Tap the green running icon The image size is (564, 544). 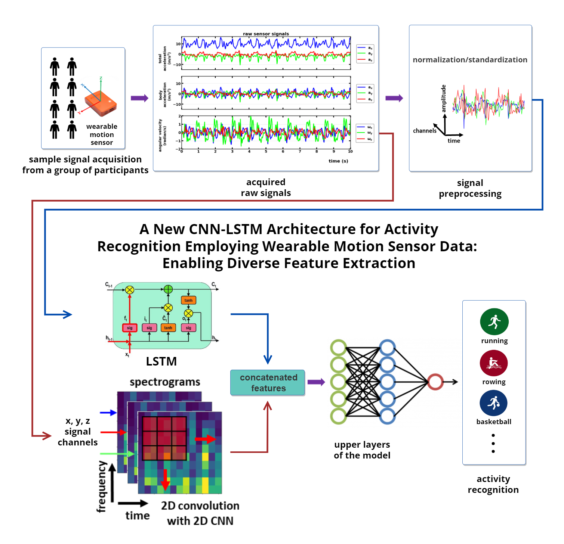[x=494, y=321]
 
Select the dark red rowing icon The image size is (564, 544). [x=494, y=363]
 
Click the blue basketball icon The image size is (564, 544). [x=493, y=403]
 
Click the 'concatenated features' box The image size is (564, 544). [x=268, y=383]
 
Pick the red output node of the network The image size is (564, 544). [x=435, y=382]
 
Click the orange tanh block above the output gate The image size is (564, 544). [x=188, y=300]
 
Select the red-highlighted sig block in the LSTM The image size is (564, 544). [x=130, y=328]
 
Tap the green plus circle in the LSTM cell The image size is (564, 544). [x=168, y=289]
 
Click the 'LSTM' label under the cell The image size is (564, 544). [x=161, y=361]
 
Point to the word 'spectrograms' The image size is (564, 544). [x=165, y=382]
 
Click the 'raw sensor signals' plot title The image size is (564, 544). [x=266, y=34]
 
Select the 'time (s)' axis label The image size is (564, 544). [x=338, y=161]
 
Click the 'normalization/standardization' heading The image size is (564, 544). [x=470, y=60]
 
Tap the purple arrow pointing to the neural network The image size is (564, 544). [x=316, y=382]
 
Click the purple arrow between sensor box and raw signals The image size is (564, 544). [x=139, y=98]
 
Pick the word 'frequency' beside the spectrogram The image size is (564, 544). [x=101, y=487]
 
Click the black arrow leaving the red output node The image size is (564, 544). [x=451, y=382]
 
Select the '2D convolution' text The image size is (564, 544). [x=200, y=506]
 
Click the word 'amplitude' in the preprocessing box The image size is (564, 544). [x=444, y=98]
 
